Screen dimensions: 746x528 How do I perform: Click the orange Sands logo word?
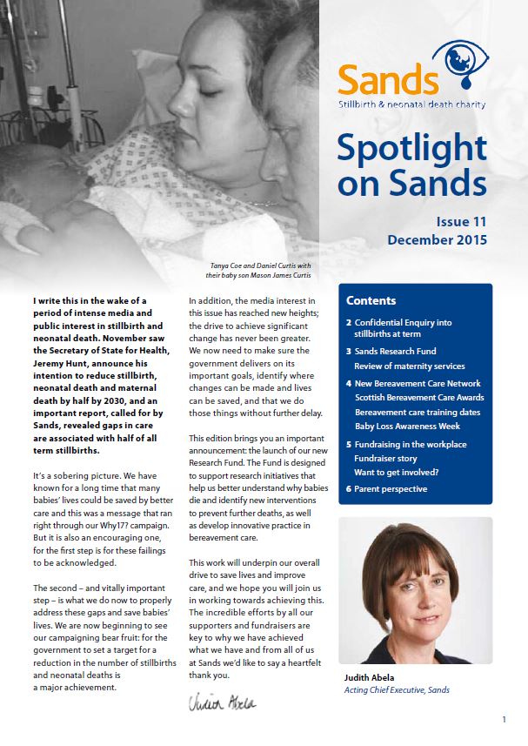coord(388,80)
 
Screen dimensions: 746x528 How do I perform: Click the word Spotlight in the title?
coord(411,149)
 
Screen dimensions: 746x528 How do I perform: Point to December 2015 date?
coord(437,240)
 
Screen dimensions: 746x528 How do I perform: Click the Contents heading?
coord(371,301)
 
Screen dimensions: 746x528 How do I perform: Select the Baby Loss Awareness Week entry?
coord(407,427)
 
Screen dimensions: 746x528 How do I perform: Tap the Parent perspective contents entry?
coord(391,488)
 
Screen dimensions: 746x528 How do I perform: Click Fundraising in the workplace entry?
coord(411,445)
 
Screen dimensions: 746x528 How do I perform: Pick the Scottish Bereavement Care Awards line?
coord(419,397)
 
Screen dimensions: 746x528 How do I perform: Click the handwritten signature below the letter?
coord(222,702)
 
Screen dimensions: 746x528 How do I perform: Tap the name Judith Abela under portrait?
coord(370,675)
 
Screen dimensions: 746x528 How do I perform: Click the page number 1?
coord(505,720)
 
